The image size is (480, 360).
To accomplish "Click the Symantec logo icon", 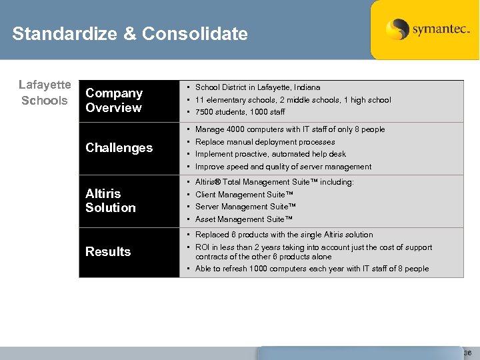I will [x=397, y=29].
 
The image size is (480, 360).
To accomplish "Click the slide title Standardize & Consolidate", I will [x=130, y=34].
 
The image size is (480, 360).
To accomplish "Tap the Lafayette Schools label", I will [x=45, y=93].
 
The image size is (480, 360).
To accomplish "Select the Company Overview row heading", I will [x=114, y=100].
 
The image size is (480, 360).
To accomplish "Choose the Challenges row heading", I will [x=119, y=147].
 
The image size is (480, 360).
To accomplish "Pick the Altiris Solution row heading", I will [x=110, y=200].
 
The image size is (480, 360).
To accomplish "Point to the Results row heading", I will [x=108, y=251].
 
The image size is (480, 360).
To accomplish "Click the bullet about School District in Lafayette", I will [x=257, y=87].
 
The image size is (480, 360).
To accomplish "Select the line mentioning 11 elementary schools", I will [x=293, y=100].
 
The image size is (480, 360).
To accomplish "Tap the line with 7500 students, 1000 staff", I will [x=240, y=112].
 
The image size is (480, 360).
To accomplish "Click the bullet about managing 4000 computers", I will [x=289, y=129].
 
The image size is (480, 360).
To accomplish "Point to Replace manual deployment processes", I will [x=265, y=142].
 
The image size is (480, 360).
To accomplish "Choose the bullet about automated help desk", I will [x=270, y=154].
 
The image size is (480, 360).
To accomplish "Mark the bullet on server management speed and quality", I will [x=283, y=167].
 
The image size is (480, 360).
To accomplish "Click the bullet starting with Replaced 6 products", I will [x=283, y=235].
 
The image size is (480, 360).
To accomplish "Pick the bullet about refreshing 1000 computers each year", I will [x=311, y=269].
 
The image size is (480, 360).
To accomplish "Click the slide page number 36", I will [x=467, y=353].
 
